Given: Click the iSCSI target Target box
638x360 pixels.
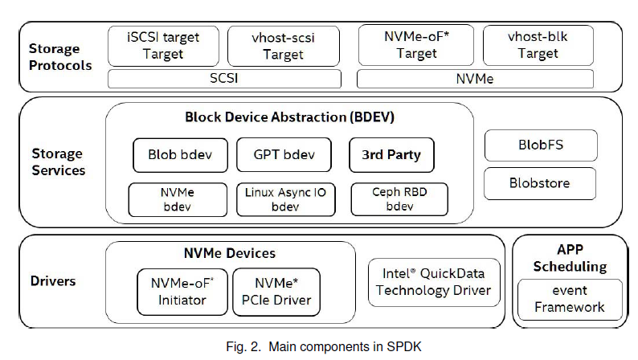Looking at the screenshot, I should [163, 46].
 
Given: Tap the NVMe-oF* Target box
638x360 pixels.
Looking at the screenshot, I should [415, 45].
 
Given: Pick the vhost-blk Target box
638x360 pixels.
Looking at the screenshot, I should [538, 45].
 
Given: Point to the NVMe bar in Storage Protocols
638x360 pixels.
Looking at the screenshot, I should [475, 79].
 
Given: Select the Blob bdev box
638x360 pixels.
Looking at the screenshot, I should [180, 154].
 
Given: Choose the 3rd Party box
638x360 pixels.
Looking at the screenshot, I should [391, 154].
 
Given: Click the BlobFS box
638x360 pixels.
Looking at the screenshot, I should [540, 146].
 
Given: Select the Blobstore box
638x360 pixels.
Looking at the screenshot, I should [540, 183].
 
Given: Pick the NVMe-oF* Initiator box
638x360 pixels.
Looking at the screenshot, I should [183, 292].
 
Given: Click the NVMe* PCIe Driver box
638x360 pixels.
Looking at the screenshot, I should [276, 292].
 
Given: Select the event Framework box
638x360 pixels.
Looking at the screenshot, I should [570, 298].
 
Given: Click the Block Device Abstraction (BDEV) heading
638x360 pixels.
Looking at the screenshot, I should [290, 117].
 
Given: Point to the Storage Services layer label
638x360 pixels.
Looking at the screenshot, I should [58, 162].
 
